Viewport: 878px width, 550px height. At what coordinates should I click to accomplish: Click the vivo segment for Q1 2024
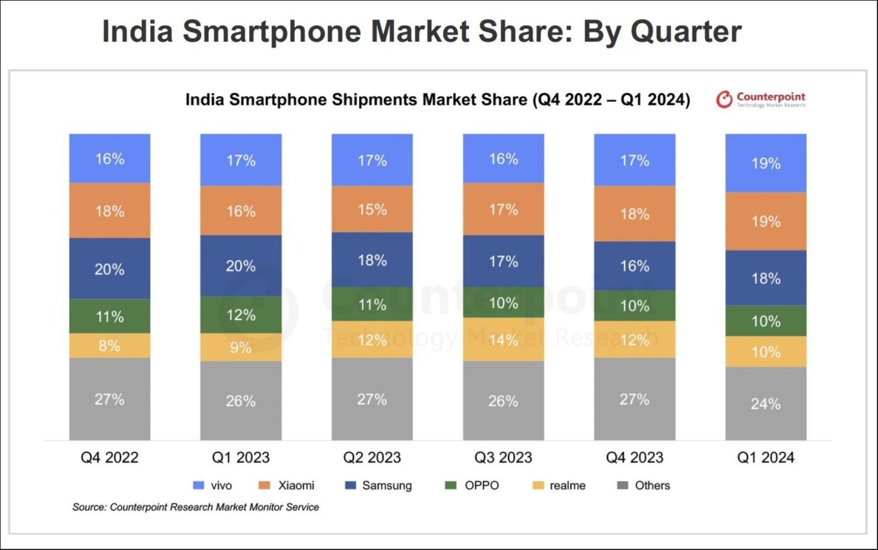pos(766,163)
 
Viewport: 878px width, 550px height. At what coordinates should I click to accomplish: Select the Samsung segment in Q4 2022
pos(110,268)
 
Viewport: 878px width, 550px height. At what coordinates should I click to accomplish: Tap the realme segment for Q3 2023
pos(503,340)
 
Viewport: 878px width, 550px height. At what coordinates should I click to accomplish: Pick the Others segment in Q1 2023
pos(241,401)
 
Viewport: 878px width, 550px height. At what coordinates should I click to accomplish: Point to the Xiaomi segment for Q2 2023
pos(372,209)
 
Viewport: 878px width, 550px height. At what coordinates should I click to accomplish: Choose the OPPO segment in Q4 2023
pos(634,306)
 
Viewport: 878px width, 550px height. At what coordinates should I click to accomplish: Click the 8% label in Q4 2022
pos(110,345)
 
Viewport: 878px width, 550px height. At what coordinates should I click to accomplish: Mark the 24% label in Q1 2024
pos(766,404)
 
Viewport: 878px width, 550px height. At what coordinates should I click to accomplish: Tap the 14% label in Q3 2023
pos(503,340)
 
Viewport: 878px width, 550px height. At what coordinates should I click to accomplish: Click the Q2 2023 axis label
pos(372,458)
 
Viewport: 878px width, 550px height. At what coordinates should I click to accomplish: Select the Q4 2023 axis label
pos(634,458)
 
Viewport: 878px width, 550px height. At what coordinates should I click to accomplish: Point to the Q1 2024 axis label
pos(766,458)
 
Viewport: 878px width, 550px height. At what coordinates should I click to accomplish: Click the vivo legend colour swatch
pos(199,485)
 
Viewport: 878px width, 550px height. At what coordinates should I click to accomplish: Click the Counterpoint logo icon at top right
pos(724,99)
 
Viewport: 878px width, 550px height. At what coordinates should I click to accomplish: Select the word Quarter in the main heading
pos(686,31)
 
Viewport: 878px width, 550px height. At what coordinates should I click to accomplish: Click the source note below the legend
pos(195,507)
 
